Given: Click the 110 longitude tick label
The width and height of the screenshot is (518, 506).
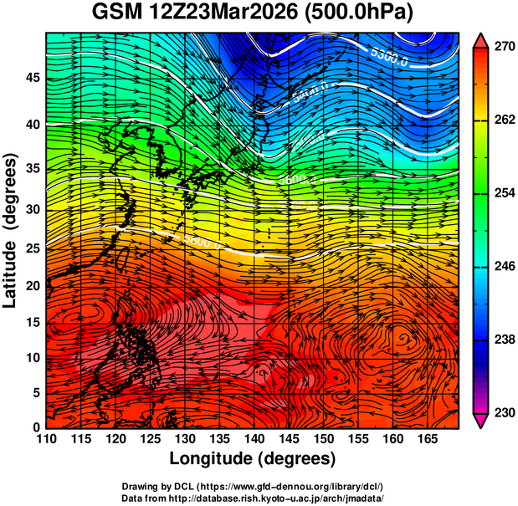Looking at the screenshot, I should (x=47, y=439).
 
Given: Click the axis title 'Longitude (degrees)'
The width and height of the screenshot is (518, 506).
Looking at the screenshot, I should (x=253, y=458).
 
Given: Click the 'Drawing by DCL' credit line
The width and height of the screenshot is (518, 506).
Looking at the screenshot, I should (x=253, y=487).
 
